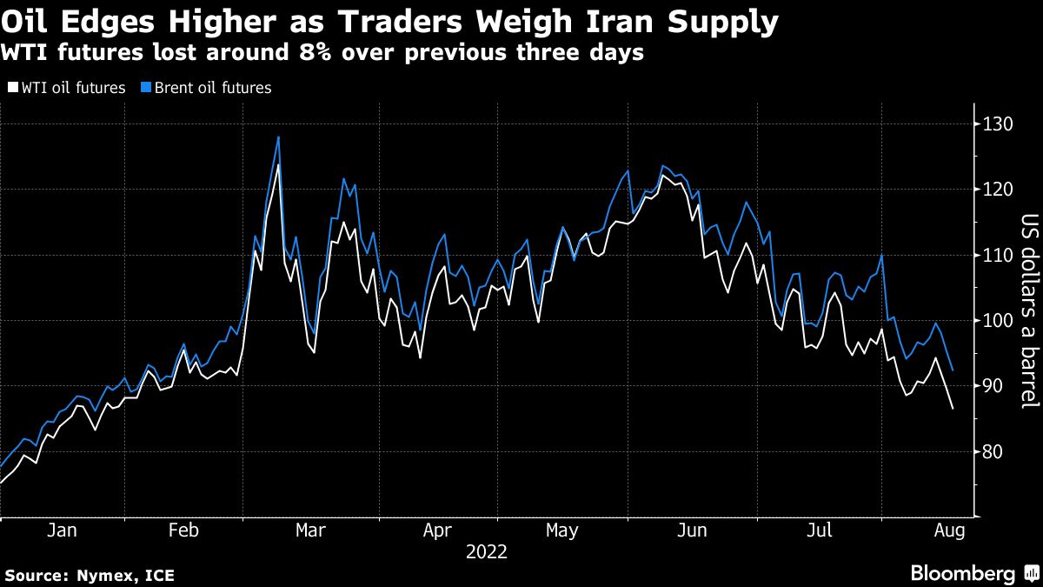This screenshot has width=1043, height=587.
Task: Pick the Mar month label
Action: [310, 530]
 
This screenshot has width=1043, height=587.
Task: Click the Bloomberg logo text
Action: [962, 573]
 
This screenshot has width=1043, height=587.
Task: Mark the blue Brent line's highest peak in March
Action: [278, 137]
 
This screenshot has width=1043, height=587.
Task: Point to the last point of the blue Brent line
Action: [953, 371]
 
